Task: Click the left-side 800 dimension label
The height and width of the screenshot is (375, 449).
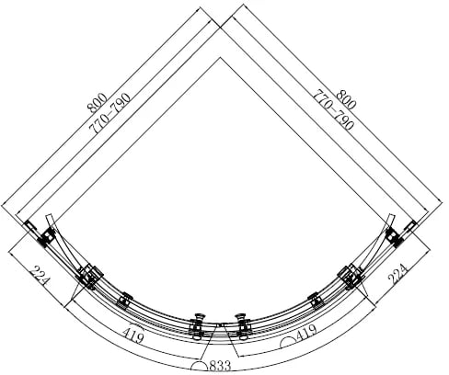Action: (x=97, y=103)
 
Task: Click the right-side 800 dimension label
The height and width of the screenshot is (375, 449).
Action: (x=346, y=99)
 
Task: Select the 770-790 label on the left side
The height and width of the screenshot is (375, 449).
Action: (x=109, y=113)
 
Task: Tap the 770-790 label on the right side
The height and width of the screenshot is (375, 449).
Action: (x=333, y=109)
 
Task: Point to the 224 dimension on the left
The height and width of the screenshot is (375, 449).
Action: (x=40, y=276)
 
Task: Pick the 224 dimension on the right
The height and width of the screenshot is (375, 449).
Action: (x=397, y=274)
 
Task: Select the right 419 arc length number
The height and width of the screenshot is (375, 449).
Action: (x=306, y=333)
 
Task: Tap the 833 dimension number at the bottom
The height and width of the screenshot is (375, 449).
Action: (x=220, y=367)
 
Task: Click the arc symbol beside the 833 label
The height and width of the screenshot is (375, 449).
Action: (x=199, y=367)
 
